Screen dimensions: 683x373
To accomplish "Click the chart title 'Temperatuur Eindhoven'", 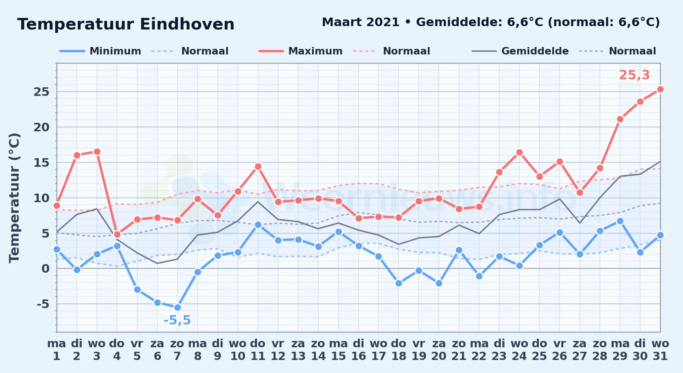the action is click(x=126, y=24).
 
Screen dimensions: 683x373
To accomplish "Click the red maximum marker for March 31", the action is click(x=660, y=89).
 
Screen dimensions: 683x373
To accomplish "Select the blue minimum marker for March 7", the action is click(x=177, y=307).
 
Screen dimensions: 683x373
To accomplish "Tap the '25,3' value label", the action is click(x=634, y=75).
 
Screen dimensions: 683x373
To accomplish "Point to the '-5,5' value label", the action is click(x=177, y=320).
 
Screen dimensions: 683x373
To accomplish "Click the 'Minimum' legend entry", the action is click(x=100, y=51).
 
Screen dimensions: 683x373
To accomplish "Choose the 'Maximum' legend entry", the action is click(x=300, y=51).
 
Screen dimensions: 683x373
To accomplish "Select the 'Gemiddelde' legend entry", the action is click(x=520, y=51).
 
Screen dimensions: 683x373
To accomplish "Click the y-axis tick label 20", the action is click(x=41, y=127).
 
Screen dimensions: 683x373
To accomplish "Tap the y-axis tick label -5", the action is click(x=43, y=304).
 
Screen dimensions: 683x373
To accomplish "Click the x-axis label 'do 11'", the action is click(x=258, y=350).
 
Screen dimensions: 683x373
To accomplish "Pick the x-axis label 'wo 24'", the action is click(x=519, y=350).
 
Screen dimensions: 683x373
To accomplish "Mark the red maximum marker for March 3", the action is click(x=97, y=151).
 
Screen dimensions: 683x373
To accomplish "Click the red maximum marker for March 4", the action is click(x=117, y=234).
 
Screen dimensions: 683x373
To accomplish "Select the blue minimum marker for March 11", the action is click(x=258, y=225).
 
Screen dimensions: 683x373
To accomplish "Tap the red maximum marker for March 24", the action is click(x=519, y=152).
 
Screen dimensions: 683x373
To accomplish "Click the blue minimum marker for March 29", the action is click(x=620, y=221).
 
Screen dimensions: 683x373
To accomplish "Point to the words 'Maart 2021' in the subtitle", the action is click(x=361, y=22).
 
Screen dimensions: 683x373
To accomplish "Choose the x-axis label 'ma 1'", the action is click(x=57, y=350).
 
